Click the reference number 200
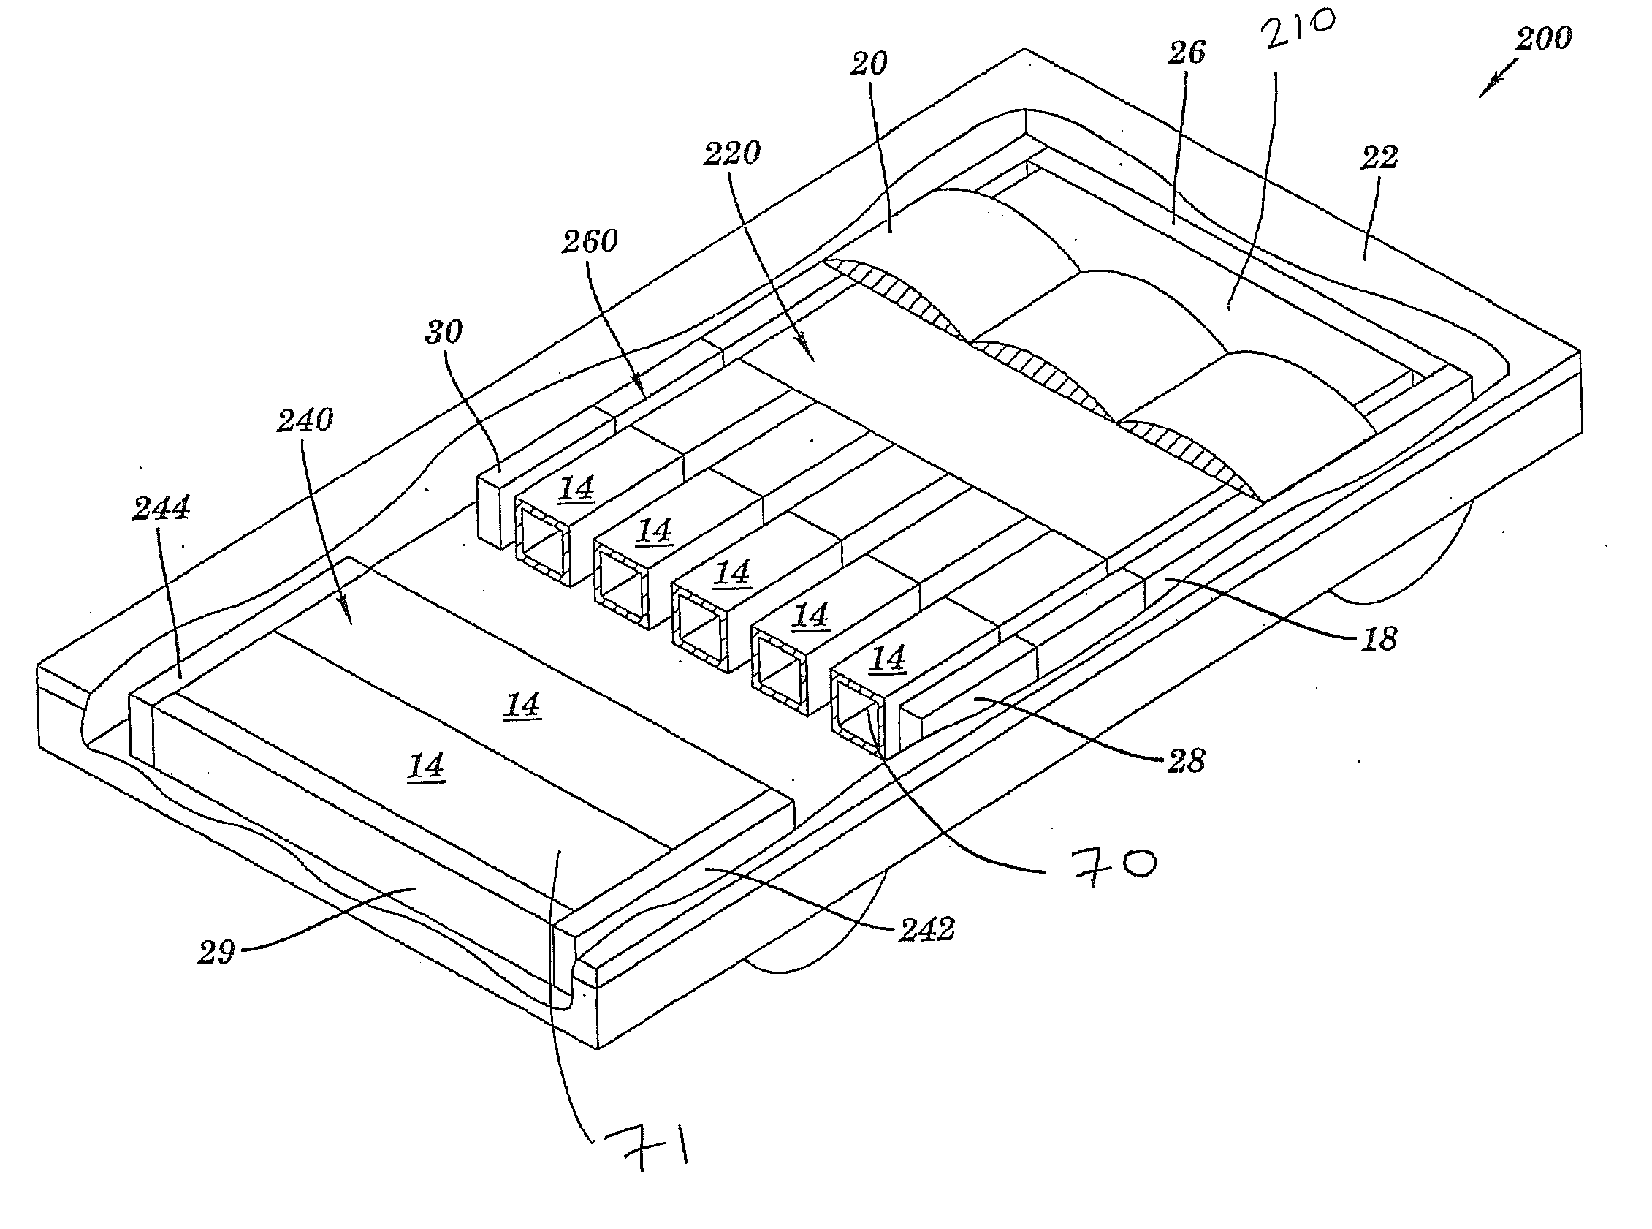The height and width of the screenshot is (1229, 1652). (x=1544, y=38)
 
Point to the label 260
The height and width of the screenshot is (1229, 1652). (x=590, y=241)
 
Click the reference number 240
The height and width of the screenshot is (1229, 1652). (x=305, y=421)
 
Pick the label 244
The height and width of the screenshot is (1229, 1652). (x=161, y=509)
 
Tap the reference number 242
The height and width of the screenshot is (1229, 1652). (x=926, y=929)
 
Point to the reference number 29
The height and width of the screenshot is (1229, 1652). (x=216, y=953)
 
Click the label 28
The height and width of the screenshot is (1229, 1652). (x=1186, y=761)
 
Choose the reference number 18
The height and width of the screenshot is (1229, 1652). (x=1379, y=639)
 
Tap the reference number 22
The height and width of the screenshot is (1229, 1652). (x=1379, y=157)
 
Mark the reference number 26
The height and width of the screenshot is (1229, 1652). (x=1186, y=52)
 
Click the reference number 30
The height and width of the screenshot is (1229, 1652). (x=444, y=332)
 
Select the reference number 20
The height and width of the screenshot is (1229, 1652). (x=869, y=64)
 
